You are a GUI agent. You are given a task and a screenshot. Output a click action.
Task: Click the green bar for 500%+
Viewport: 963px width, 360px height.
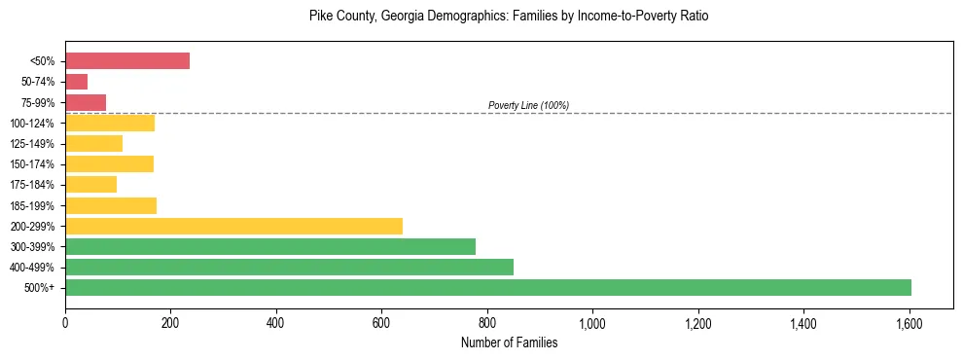coord(488,287)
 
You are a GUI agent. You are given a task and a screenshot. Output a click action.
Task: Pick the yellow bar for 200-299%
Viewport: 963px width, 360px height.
coord(233,226)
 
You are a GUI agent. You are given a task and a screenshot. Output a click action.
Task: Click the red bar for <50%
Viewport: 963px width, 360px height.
coord(127,60)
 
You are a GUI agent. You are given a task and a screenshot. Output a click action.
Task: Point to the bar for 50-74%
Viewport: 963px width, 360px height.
coord(77,82)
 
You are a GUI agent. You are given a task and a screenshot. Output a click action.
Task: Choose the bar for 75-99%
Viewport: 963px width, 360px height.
coord(86,102)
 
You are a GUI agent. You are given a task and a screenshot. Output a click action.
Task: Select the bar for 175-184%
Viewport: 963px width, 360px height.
coord(91,184)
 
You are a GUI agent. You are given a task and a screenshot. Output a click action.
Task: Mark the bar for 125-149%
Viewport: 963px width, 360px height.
coord(94,143)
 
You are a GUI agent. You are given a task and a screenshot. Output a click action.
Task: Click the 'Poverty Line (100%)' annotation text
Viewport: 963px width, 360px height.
coord(528,105)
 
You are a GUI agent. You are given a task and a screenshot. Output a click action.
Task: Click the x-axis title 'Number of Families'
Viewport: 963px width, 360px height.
coord(509,342)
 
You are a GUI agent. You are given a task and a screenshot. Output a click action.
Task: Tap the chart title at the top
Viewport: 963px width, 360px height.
coord(509,17)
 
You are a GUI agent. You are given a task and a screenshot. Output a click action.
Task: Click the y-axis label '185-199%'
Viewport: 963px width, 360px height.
coord(37,205)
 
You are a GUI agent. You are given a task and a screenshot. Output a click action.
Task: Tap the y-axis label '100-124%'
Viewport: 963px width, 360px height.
coord(37,123)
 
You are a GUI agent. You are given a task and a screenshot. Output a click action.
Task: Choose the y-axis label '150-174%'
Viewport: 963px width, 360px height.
coord(37,164)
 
